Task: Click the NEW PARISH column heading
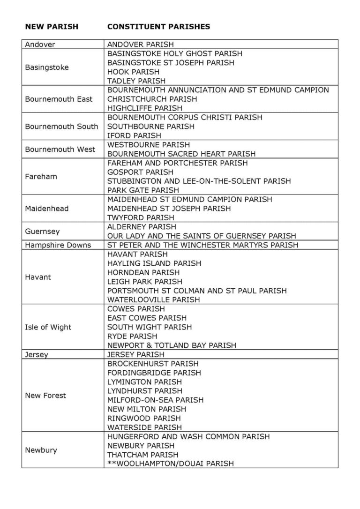tap(52, 27)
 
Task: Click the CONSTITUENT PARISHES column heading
tap(158, 27)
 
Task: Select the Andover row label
tap(40, 45)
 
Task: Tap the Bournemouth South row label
tap(61, 127)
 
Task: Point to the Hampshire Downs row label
tap(58, 245)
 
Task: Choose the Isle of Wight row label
tap(48, 327)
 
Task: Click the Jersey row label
tap(36, 355)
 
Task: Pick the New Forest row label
tap(45, 396)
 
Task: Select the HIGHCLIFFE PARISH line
tap(145, 108)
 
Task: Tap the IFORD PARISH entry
tap(134, 136)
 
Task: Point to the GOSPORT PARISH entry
tap(140, 172)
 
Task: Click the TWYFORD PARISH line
tap(141, 217)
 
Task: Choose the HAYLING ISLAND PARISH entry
tap(154, 263)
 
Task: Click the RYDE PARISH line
tap(132, 336)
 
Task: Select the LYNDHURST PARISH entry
tap(145, 391)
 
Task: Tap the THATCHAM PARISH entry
tap(143, 455)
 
